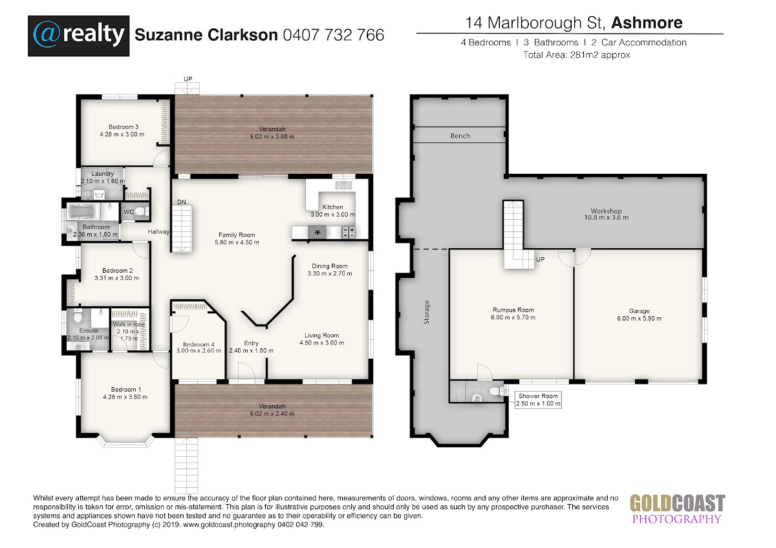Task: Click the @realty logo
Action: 79,36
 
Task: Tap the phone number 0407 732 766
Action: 334,35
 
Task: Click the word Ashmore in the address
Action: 647,23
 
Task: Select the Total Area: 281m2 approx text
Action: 576,55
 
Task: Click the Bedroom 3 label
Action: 124,127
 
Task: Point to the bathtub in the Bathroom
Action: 83,211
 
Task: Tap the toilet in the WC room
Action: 142,211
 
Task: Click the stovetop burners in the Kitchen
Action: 349,232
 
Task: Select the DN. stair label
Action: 182,202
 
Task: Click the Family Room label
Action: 237,235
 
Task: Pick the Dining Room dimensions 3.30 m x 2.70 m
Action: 330,273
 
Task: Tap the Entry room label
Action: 251,343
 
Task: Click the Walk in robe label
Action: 129,324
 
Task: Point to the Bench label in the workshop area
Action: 460,136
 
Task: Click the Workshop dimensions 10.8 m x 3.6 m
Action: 607,218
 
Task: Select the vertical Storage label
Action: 426,312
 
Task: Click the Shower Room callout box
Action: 538,400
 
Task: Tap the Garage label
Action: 639,311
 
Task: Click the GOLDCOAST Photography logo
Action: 677,509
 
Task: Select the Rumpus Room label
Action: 513,310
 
